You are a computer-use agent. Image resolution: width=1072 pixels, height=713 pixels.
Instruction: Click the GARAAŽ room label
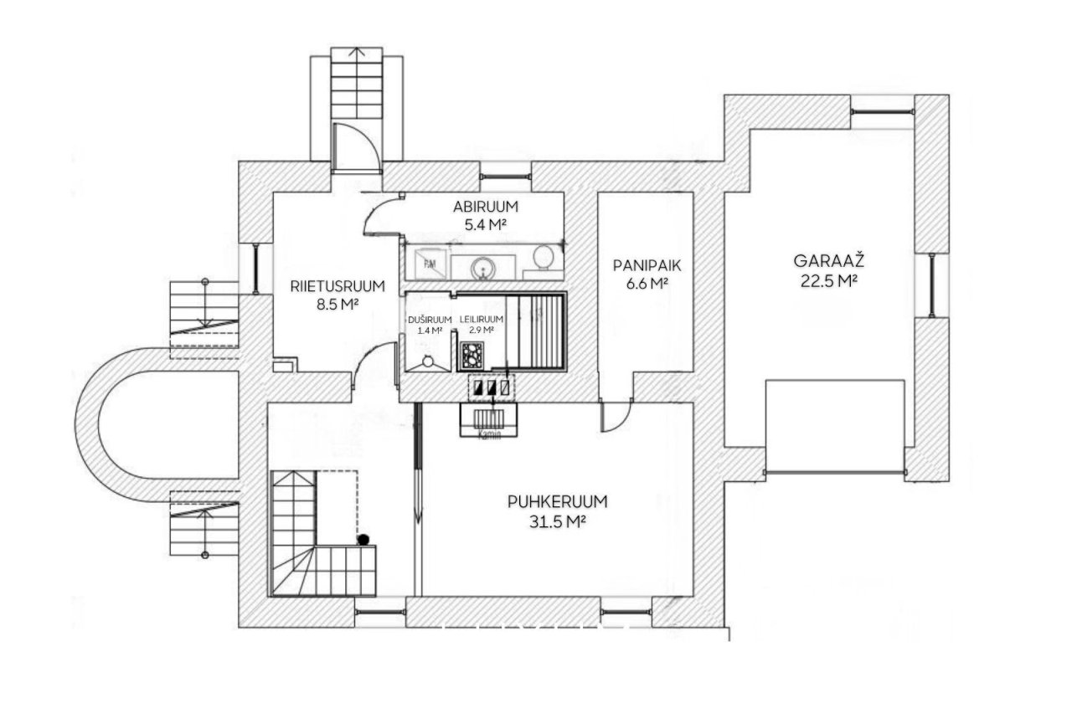(828, 261)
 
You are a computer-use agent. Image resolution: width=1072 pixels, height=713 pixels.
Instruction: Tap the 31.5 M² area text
(558, 521)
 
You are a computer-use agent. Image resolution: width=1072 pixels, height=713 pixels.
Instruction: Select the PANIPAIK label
(647, 265)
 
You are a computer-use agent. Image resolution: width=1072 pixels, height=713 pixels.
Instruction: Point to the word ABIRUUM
(485, 207)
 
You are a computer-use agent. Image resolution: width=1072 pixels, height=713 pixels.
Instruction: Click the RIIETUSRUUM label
(338, 286)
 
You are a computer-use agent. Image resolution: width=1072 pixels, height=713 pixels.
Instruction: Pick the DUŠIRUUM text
(430, 320)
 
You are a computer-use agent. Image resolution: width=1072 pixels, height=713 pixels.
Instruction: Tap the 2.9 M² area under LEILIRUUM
(482, 330)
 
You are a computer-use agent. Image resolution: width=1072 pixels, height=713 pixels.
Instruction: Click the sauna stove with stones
(472, 356)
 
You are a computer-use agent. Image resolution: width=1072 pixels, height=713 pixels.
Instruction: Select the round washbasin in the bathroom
(482, 268)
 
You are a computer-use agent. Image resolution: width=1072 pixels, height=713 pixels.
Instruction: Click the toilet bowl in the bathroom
(544, 257)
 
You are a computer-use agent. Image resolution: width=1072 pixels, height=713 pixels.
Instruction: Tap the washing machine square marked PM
(430, 264)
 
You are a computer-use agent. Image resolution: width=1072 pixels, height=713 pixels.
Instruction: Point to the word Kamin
(488, 435)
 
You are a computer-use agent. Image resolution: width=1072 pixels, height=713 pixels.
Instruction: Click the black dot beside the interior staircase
(363, 540)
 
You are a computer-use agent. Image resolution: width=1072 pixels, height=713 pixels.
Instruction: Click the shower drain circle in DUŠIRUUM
(427, 362)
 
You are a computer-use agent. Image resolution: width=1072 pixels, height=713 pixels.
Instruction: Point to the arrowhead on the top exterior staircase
(356, 51)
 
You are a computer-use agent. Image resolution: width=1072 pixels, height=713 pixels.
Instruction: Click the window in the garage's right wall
(932, 285)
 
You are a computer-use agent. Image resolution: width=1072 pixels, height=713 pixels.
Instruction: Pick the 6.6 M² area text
(647, 284)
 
